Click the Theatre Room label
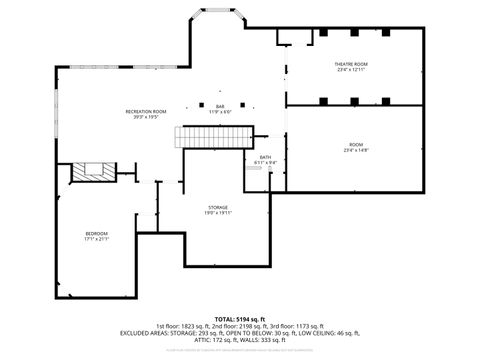click(x=350, y=65)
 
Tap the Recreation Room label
click(x=145, y=111)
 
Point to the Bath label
click(x=265, y=157)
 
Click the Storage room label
click(x=218, y=207)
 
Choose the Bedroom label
click(x=96, y=233)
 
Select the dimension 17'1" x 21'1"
click(x=96, y=239)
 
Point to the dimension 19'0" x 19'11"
click(x=218, y=213)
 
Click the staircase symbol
click(x=215, y=136)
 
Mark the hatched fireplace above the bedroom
click(x=96, y=172)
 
